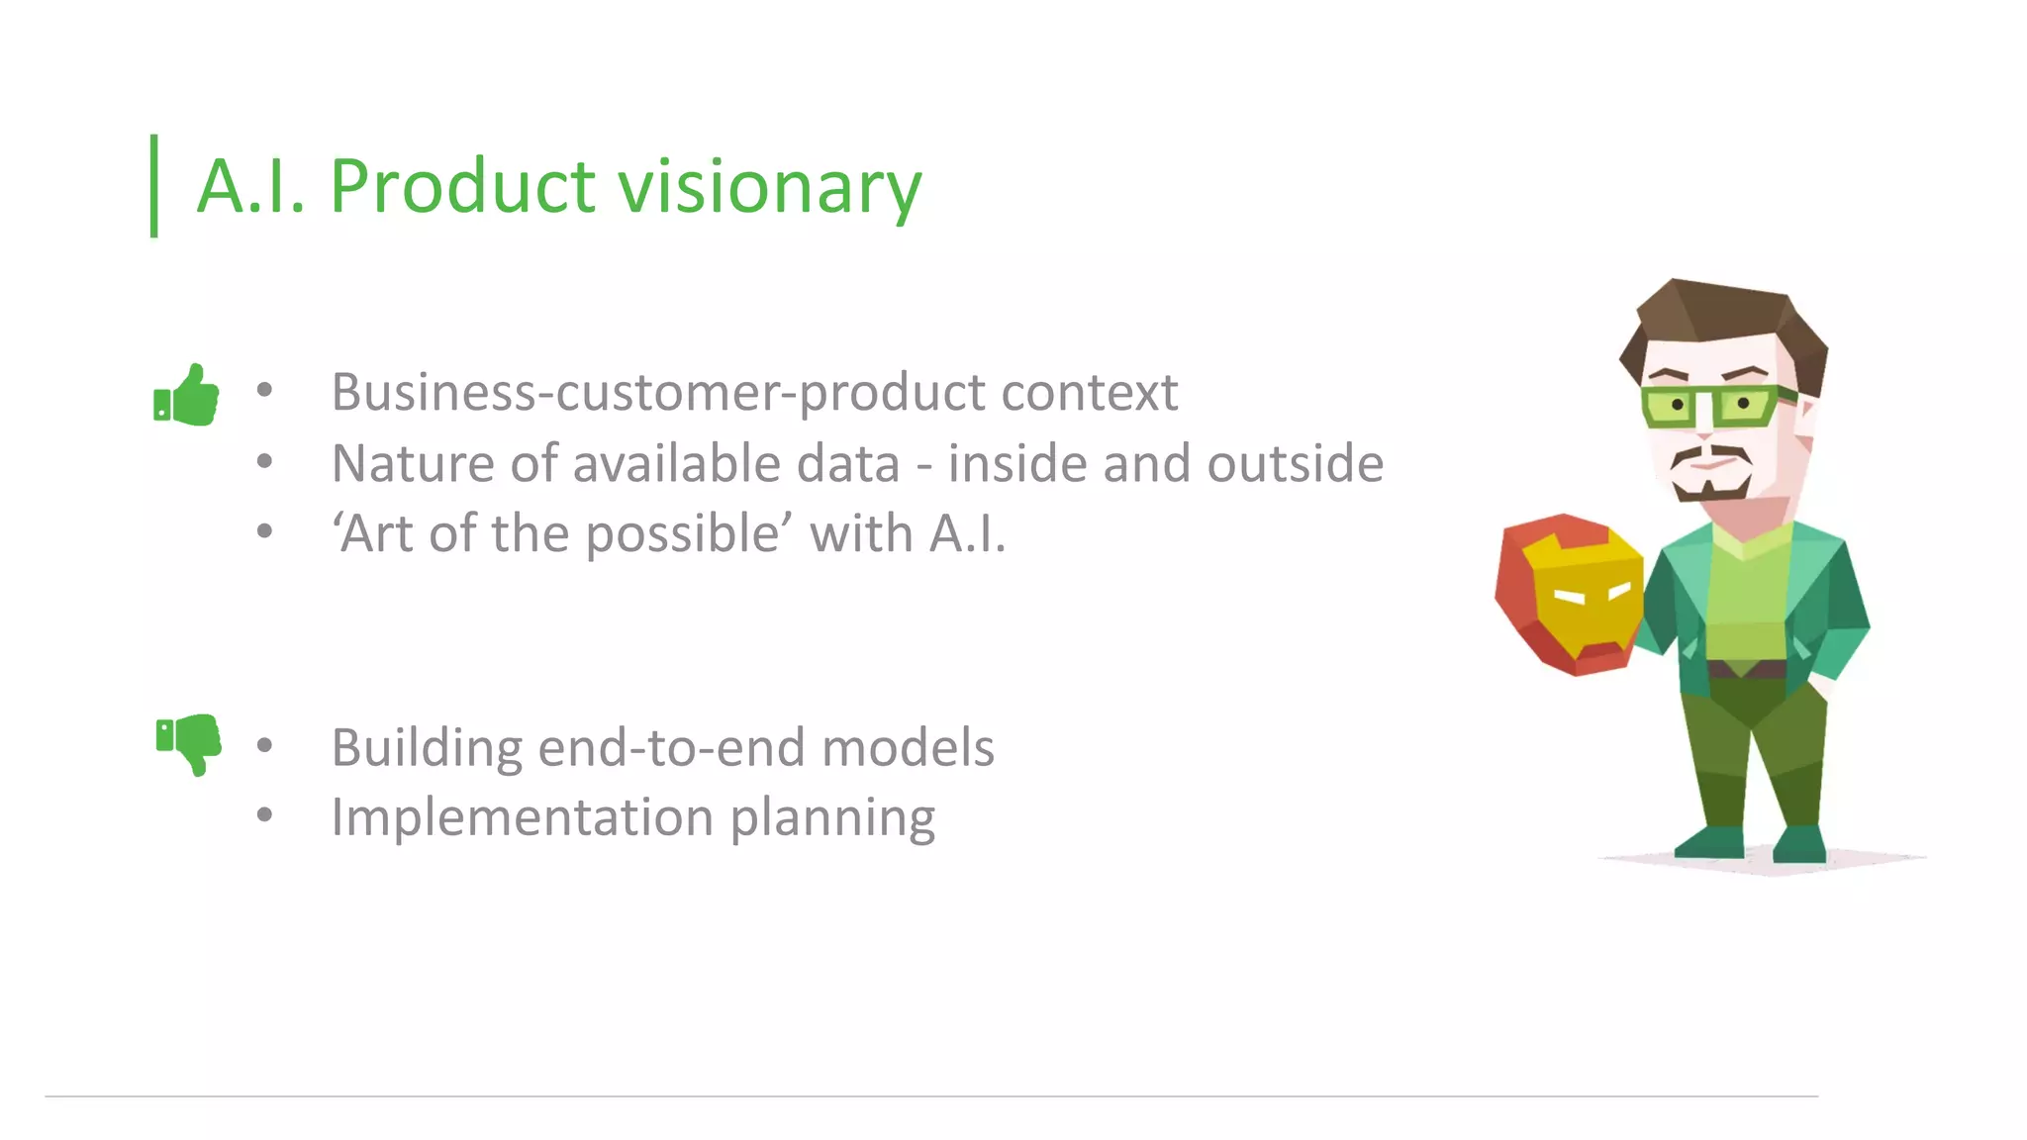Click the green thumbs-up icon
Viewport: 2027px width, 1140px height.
click(186, 396)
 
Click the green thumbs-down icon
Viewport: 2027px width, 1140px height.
click(188, 742)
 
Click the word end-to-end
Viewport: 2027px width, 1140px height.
click(672, 747)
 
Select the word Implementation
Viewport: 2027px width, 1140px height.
click(522, 817)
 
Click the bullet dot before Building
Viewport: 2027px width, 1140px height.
click(264, 745)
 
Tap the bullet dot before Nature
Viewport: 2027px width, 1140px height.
click(264, 461)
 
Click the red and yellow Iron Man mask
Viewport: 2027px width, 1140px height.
click(1570, 594)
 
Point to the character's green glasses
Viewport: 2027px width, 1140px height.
click(1717, 406)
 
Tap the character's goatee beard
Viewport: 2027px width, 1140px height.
click(1710, 488)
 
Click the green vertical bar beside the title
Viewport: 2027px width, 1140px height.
click(154, 186)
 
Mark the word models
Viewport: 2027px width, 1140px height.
click(908, 747)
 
